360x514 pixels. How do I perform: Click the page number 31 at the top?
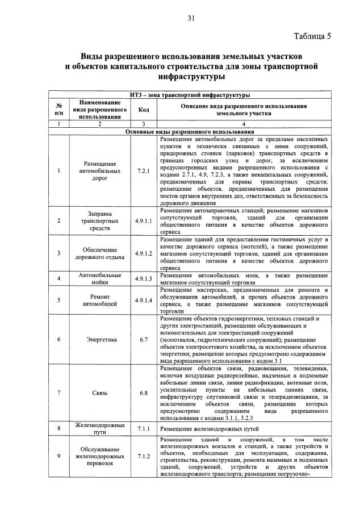191,19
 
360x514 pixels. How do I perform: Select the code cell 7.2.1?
143,170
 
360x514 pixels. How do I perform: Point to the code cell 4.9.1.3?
143,278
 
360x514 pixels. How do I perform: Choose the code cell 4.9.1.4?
143,300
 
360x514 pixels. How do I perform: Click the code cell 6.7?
143,340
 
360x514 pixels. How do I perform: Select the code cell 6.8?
143,392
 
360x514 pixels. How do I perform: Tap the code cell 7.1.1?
143,428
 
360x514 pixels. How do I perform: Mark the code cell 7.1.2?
143,456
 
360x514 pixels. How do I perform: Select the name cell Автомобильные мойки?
101,278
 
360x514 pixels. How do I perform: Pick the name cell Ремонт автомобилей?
101,300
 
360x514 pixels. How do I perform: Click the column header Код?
143,110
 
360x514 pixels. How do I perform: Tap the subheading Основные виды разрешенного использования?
190,131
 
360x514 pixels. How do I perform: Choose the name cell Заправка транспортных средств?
101,220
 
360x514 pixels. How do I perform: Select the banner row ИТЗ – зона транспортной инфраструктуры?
190,95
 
